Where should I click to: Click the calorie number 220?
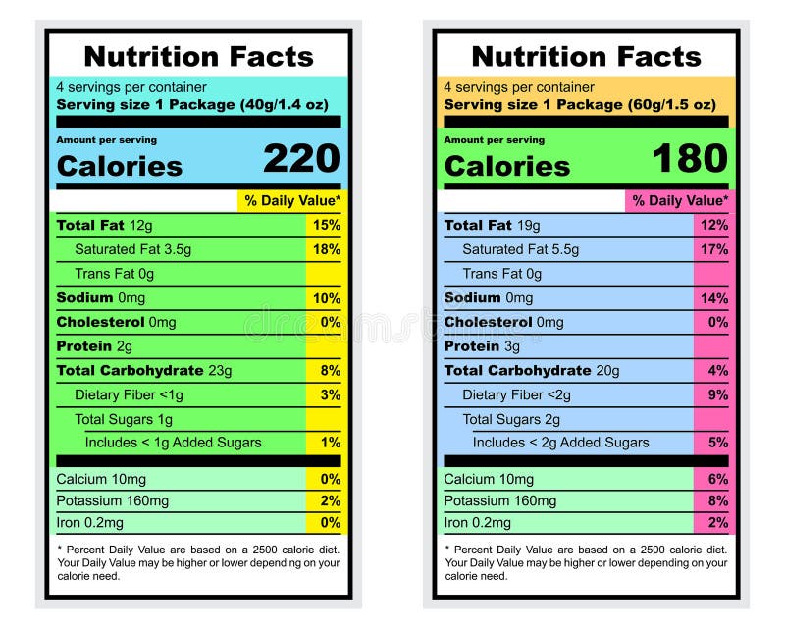coord(301,159)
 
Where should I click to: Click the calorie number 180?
coord(689,159)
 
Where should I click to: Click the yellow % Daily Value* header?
coord(292,201)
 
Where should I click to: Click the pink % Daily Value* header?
coord(680,201)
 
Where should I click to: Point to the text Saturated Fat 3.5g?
coord(132,249)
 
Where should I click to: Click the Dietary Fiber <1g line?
coord(129,394)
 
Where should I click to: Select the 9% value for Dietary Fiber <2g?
coord(718,394)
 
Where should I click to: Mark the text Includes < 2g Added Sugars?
coord(560,443)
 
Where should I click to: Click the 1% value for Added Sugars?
coord(331,443)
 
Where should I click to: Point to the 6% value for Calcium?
coord(718,479)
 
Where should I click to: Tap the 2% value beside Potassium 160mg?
coord(331,501)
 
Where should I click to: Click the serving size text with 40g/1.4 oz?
coord(198,105)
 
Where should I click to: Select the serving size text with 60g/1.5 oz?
coord(580,105)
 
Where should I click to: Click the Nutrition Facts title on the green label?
coord(198,56)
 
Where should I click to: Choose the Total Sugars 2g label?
coord(511,419)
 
